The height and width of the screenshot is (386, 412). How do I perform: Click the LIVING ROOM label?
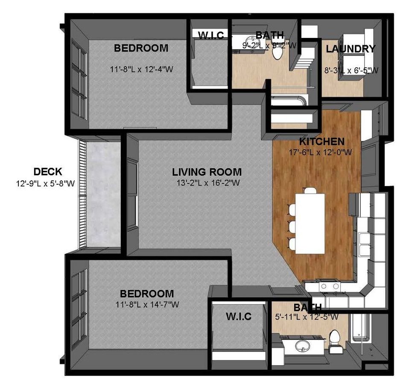click(207, 172)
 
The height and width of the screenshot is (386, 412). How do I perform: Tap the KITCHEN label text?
click(321, 141)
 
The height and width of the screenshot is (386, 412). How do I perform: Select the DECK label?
click(48, 172)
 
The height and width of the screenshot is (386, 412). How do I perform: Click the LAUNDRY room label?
click(351, 49)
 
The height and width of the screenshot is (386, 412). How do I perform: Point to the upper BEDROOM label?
click(141, 48)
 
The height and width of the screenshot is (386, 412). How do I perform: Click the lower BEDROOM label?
click(146, 294)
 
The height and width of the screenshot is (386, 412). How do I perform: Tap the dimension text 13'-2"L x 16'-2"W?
click(207, 183)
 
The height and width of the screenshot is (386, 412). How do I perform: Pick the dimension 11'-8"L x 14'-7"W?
click(146, 305)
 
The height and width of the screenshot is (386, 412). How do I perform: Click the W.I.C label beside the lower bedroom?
click(238, 316)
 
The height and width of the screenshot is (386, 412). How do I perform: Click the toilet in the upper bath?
click(278, 53)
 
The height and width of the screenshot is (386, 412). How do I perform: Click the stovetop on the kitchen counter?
click(329, 286)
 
